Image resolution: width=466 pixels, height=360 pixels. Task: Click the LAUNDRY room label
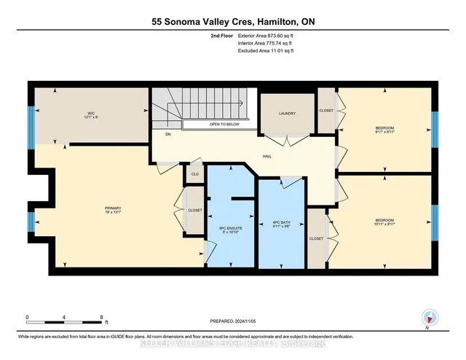[285, 114]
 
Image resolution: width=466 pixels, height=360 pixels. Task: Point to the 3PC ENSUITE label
[230, 230]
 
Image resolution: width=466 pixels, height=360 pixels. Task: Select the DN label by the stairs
[167, 133]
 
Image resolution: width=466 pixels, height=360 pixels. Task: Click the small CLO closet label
[194, 175]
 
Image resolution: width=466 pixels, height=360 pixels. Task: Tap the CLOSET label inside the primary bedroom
[194, 211]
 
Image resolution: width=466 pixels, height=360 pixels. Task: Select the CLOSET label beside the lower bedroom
[316, 238]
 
